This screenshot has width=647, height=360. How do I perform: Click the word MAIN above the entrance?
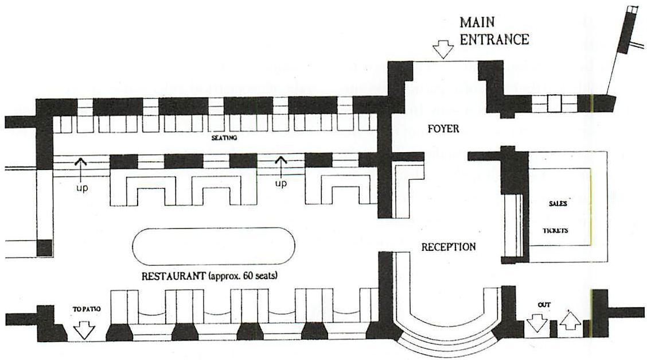tap(477, 24)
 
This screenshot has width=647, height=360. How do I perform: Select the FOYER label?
tap(443, 129)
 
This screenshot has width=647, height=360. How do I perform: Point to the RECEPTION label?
tap(448, 247)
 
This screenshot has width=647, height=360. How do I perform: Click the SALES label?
tap(558, 203)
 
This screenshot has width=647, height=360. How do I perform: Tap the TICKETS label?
tap(556, 231)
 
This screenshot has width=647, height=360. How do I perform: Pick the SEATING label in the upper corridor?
tap(224, 138)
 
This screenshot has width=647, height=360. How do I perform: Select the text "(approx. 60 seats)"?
tap(243, 276)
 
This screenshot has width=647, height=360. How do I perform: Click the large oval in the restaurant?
tap(213, 246)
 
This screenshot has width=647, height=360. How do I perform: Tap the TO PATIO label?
tap(87, 309)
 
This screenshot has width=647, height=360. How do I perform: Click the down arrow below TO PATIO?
tap(84, 330)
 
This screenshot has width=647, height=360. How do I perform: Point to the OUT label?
tap(544, 304)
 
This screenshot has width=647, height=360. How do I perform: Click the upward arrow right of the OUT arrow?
tap(569, 319)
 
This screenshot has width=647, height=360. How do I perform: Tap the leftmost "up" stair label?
tap(82, 188)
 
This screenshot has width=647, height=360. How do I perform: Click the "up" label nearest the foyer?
tap(280, 184)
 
